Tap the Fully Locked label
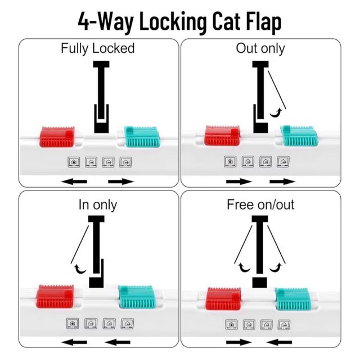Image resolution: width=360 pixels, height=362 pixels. [x=97, y=48]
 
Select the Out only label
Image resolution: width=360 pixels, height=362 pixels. [x=260, y=48]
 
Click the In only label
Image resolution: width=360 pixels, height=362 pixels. [x=97, y=205]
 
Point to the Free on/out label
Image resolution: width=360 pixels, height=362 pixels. [x=260, y=205]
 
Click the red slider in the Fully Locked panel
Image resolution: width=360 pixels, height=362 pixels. [x=57, y=136]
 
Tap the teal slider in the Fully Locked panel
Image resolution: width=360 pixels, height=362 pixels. [x=142, y=136]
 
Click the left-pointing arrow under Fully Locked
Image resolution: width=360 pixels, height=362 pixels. [x=74, y=182]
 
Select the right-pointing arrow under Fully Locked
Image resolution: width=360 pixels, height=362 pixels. [x=120, y=182]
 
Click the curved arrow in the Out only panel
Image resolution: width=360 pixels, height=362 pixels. [x=275, y=114]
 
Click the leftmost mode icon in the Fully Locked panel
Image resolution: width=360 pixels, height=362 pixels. [x=74, y=161]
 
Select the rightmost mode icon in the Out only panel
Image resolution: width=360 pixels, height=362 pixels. [x=284, y=161]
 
